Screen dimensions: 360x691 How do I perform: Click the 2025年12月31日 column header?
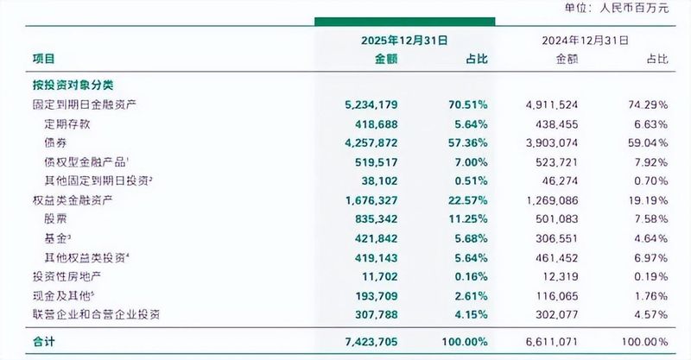pos(405,40)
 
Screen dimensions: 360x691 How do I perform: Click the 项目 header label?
pos(43,59)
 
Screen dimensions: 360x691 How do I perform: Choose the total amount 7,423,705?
pos(375,343)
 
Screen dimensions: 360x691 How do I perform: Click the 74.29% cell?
pos(646,104)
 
